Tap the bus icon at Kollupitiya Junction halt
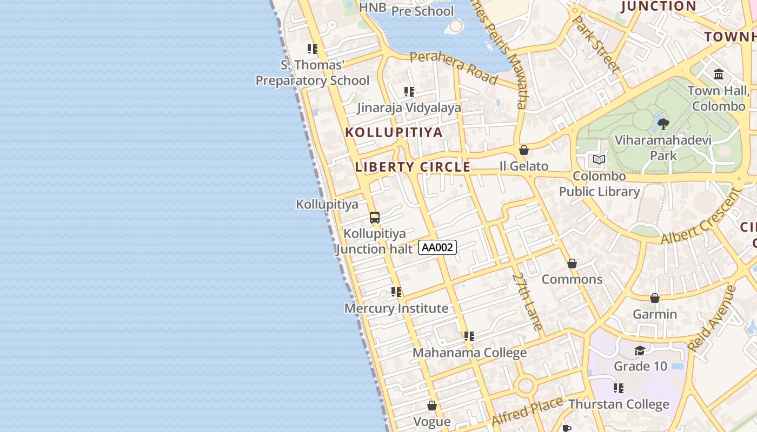[x=375, y=218]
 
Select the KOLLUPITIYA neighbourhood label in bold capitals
[x=394, y=132]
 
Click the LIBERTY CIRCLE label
[x=413, y=167]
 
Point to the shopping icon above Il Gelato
[x=523, y=150]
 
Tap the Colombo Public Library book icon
[x=599, y=159]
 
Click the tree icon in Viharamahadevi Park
[x=663, y=124]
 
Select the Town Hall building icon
[x=719, y=74]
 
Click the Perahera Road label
[x=453, y=68]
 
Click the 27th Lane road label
[x=527, y=301]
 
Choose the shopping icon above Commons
[x=572, y=264]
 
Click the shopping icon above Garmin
[x=655, y=298]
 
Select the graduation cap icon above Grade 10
[x=640, y=350]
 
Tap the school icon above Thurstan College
[x=619, y=388]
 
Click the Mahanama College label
[x=469, y=353]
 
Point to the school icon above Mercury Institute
[x=396, y=292]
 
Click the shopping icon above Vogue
[x=432, y=405]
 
